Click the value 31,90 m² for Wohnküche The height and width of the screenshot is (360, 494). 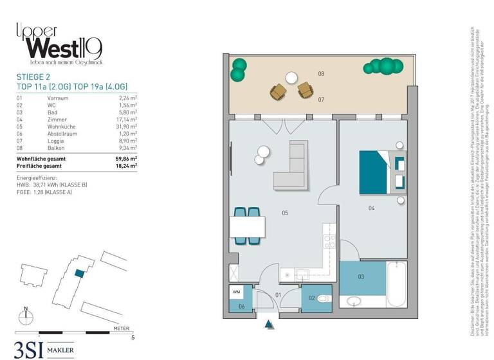click(x=127, y=127)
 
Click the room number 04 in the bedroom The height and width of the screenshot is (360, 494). click(x=371, y=208)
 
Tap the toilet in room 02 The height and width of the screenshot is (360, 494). click(x=321, y=298)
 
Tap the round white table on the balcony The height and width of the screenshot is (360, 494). click(x=291, y=78)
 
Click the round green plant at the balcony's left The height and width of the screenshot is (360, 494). click(x=239, y=69)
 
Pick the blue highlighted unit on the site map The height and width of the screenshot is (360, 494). click(x=78, y=273)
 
